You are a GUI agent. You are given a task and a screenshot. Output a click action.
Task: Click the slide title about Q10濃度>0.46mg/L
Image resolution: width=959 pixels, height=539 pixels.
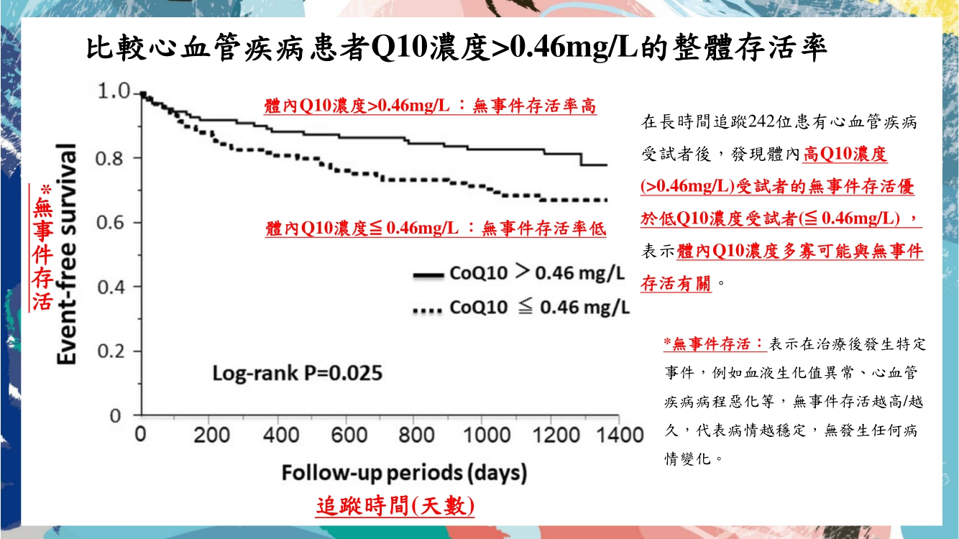click(x=456, y=50)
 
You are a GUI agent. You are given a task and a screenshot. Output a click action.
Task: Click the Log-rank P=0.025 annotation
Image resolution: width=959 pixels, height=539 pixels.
click(x=297, y=374)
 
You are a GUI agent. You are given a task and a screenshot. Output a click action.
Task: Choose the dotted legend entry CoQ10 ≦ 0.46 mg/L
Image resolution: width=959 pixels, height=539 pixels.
click(x=520, y=308)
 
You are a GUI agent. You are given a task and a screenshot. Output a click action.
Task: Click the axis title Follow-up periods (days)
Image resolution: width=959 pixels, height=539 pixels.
click(x=404, y=474)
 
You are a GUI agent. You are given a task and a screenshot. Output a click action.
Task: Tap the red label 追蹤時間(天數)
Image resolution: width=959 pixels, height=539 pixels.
click(x=395, y=505)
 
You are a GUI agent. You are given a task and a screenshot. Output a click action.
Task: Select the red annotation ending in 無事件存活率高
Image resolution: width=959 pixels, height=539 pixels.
click(x=430, y=106)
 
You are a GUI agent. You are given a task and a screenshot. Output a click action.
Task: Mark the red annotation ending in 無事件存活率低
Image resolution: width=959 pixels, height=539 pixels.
click(x=436, y=229)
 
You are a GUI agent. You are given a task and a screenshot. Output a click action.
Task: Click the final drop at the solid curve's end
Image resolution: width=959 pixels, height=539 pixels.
click(x=582, y=160)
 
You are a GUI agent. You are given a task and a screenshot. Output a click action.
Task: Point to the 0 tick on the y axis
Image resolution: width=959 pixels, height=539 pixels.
click(x=115, y=415)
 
